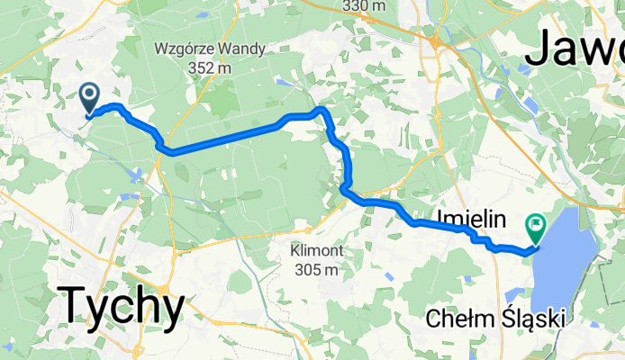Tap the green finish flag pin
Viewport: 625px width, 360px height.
pos(537,225)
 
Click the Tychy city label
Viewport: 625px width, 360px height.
pos(122,307)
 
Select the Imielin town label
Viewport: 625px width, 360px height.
pos(472,218)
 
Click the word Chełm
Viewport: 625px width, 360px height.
pos(459,319)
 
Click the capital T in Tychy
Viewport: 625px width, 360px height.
pos(74,307)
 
